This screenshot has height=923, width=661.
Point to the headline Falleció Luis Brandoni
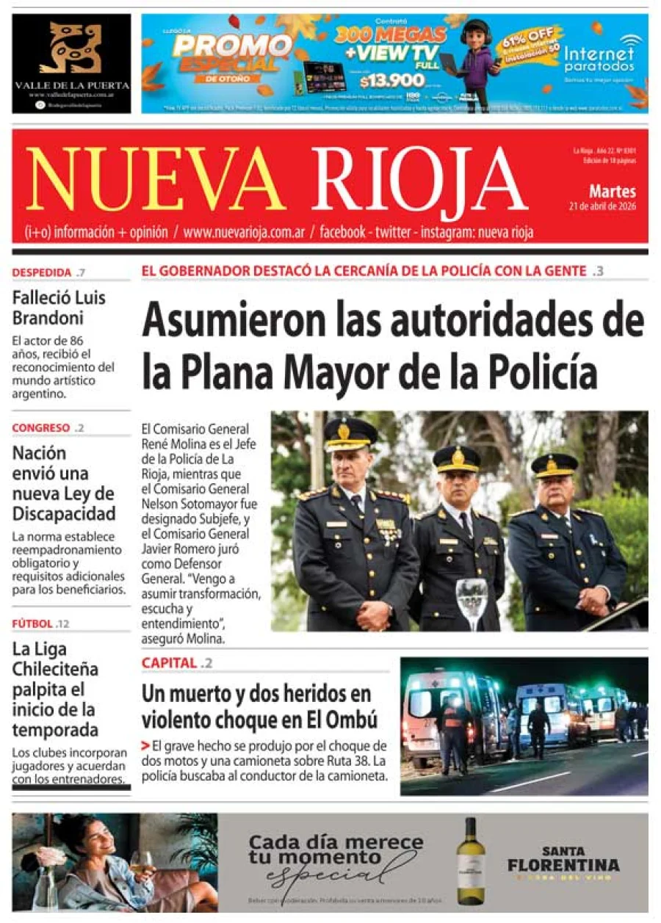(59, 308)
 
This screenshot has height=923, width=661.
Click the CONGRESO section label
(42, 428)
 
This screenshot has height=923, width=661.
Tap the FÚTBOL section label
(32, 624)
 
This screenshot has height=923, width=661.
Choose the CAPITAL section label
(170, 663)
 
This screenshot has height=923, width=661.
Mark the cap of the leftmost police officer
(350, 432)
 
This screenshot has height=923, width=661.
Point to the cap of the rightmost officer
(555, 463)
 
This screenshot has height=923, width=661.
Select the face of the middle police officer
(456, 485)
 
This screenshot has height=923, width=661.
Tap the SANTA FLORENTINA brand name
(563, 858)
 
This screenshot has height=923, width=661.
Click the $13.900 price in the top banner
(382, 82)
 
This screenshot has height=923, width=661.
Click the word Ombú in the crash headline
(351, 717)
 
